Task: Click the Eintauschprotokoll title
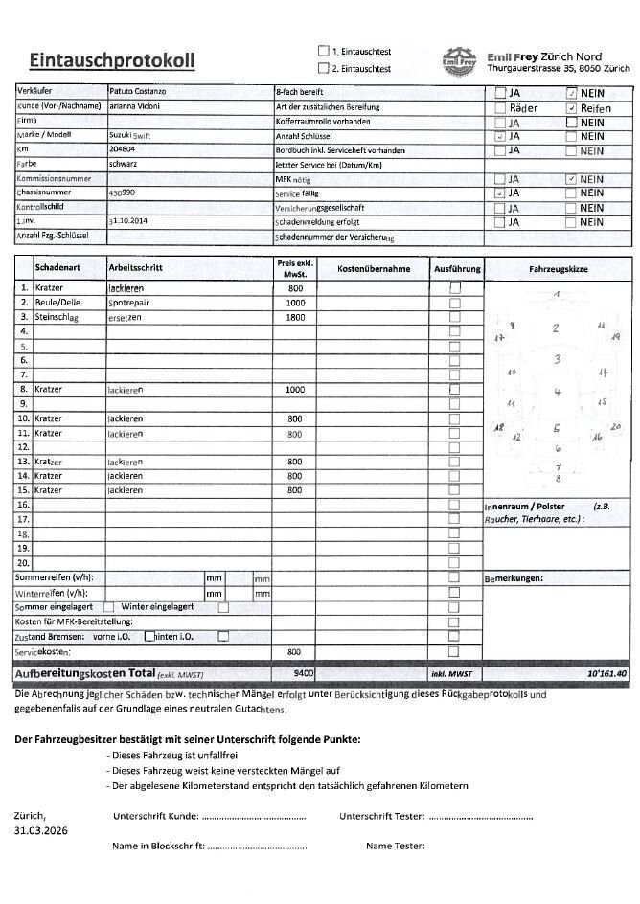click(x=112, y=61)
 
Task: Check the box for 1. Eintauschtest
click(x=323, y=51)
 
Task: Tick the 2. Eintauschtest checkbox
click(x=323, y=68)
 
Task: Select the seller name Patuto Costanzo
click(x=139, y=90)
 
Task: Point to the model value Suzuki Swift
click(x=131, y=136)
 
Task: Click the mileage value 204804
click(x=123, y=150)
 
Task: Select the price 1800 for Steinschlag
click(x=295, y=317)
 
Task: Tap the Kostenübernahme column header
click(x=373, y=269)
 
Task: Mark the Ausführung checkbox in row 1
click(x=455, y=287)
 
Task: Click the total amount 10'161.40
click(x=606, y=674)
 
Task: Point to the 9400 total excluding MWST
click(x=304, y=674)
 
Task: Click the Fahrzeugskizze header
click(x=558, y=270)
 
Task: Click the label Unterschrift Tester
click(x=380, y=816)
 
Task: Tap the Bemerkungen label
click(x=514, y=578)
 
